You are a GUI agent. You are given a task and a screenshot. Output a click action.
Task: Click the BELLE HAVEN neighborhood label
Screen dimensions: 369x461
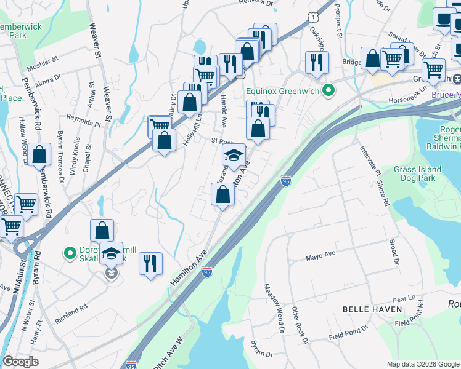[373, 309]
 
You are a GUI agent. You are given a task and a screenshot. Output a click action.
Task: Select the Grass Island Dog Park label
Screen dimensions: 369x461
[418, 173]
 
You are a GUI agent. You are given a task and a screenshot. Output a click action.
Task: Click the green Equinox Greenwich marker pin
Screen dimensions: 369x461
[329, 91]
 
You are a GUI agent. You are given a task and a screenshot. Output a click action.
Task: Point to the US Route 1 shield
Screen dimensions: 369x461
[314, 12]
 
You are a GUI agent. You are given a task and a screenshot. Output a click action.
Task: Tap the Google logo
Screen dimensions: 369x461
[20, 362]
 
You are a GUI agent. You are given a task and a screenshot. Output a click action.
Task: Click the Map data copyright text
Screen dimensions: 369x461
[422, 364]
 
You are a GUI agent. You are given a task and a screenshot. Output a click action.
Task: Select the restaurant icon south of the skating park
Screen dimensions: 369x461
[150, 264]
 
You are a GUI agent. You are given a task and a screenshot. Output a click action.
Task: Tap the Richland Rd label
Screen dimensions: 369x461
[71, 307]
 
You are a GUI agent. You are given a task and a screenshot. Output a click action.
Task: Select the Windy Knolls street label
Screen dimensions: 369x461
[73, 156]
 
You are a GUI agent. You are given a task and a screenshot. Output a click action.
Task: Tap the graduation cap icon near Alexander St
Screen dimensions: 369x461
[234, 156]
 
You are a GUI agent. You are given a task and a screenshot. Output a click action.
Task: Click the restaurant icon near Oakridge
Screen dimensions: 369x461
[317, 62]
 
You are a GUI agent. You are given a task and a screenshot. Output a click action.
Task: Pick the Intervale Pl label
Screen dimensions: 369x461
[368, 158]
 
